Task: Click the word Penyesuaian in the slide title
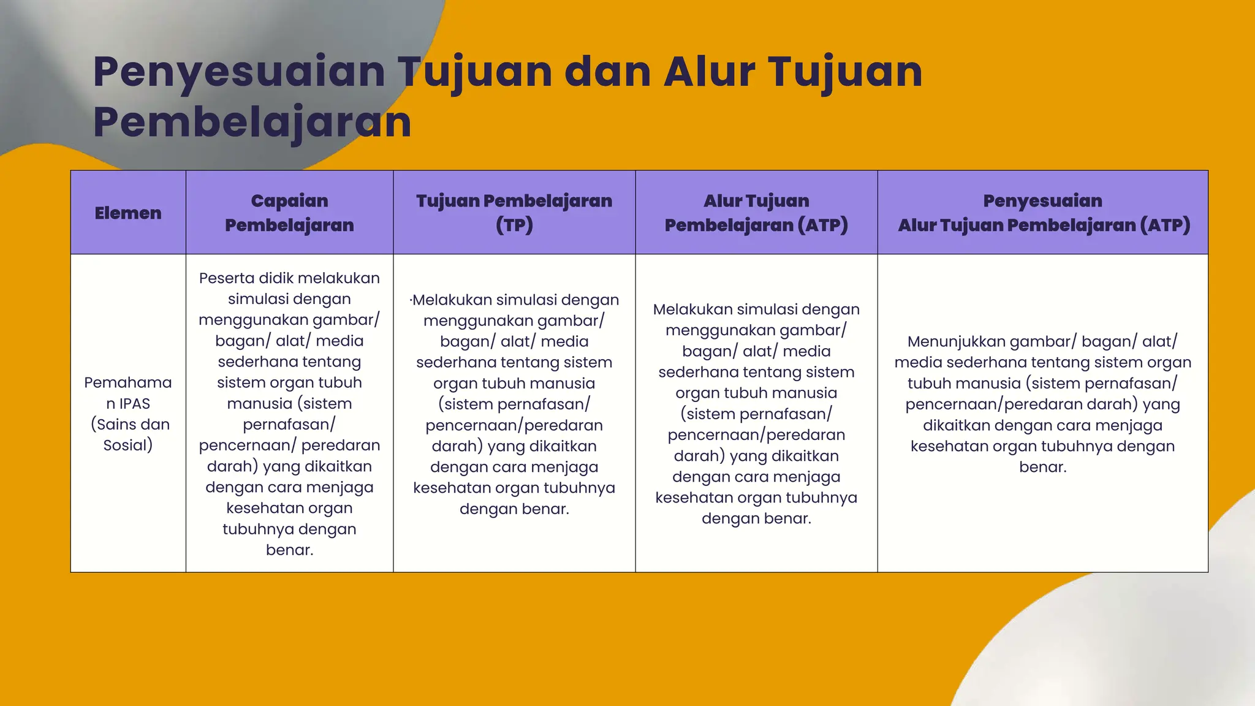coord(239,72)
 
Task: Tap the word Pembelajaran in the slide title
coord(252,122)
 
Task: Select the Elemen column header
coord(128,213)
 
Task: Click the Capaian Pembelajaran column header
coord(289,213)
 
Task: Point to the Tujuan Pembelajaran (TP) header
coord(514,213)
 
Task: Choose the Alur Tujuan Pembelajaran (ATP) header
coord(756,213)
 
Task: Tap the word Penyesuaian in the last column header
coord(1042,201)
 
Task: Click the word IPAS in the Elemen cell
coord(134,404)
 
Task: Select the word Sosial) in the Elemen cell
coord(128,446)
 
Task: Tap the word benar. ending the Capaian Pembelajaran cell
coord(289,550)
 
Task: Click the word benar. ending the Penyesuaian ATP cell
coord(1042,467)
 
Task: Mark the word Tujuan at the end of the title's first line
coord(846,72)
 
